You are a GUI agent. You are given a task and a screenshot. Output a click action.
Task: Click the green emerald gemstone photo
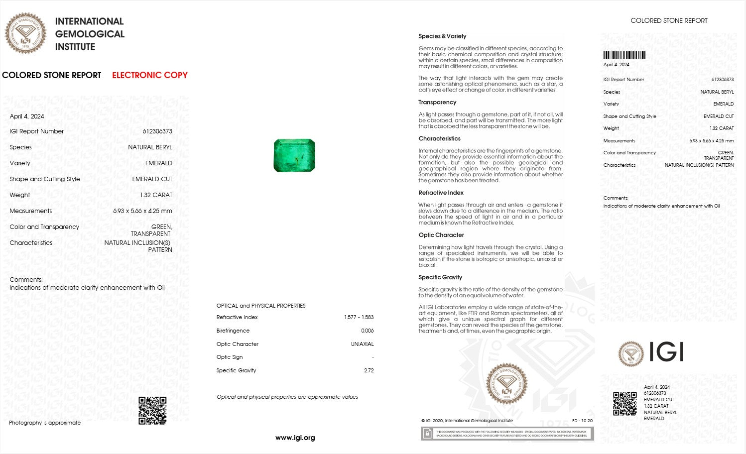click(294, 155)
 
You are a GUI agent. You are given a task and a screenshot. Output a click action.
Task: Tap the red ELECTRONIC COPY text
click(149, 75)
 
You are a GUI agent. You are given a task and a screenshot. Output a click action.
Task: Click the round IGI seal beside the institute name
click(25, 33)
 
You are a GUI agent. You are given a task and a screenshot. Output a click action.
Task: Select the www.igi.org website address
click(295, 438)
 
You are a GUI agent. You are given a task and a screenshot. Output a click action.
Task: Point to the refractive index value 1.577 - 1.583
click(359, 317)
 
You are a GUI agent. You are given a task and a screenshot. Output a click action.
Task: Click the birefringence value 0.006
click(367, 331)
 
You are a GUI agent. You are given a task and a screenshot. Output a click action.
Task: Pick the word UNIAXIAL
click(362, 344)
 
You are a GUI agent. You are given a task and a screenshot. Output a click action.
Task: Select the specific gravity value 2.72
click(369, 370)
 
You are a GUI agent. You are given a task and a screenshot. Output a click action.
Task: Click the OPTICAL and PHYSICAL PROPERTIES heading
click(261, 306)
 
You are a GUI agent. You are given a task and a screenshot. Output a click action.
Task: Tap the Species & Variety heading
click(442, 36)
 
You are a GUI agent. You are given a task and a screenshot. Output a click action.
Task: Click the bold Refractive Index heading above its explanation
click(441, 193)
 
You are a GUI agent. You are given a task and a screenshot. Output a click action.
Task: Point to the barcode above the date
click(624, 55)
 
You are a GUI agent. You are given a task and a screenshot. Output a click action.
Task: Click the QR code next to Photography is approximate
click(152, 410)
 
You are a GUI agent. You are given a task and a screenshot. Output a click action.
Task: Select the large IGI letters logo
click(666, 352)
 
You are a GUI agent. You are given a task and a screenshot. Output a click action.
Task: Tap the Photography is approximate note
click(45, 423)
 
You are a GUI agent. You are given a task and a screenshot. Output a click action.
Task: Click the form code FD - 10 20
click(582, 421)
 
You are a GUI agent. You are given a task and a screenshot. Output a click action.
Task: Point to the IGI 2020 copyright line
click(467, 421)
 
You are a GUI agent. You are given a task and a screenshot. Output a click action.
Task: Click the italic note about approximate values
click(287, 397)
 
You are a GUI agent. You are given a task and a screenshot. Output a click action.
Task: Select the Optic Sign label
click(230, 357)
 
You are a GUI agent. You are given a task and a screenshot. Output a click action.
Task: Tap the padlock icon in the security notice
click(427, 434)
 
